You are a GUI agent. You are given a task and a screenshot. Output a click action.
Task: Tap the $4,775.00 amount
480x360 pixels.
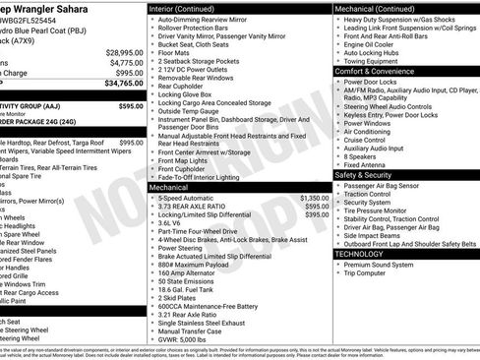point(125,63)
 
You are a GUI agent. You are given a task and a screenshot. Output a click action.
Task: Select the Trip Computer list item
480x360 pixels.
point(374,272)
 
